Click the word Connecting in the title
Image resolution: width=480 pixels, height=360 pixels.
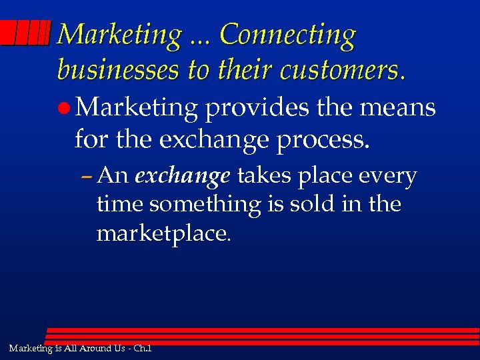[x=287, y=35]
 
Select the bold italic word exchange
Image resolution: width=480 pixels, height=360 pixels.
[x=183, y=176]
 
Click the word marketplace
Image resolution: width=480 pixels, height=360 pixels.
[x=164, y=234]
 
